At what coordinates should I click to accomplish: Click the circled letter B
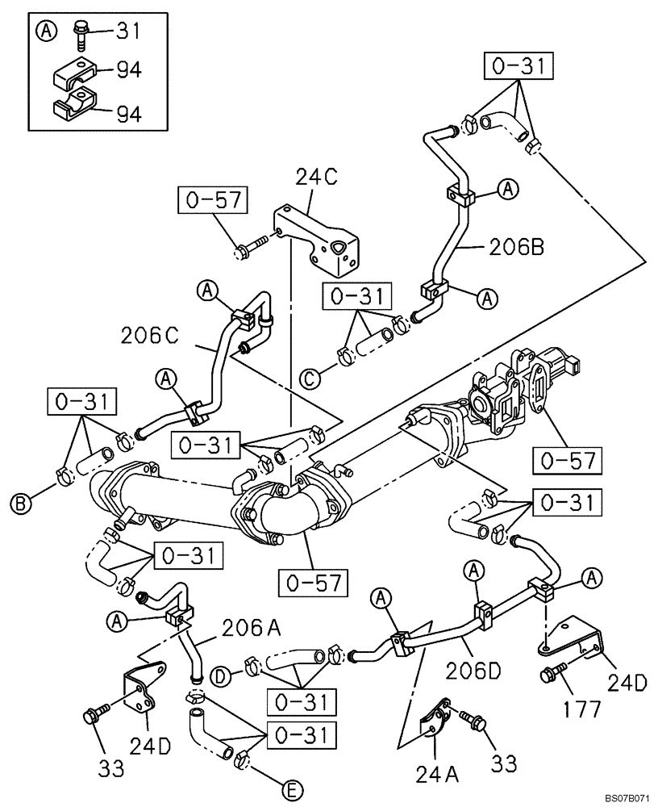click(22, 504)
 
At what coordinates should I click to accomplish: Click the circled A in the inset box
click(48, 31)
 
